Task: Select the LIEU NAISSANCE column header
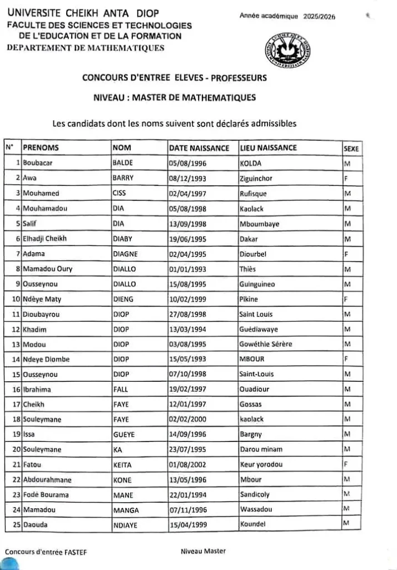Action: (x=267, y=148)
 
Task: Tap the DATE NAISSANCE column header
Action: (x=198, y=148)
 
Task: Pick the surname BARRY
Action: (x=123, y=179)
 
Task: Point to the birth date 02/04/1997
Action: (x=187, y=194)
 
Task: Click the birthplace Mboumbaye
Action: (x=259, y=224)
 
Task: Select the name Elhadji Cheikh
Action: (x=44, y=239)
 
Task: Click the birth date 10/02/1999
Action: (x=187, y=299)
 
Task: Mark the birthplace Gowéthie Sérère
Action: (x=265, y=344)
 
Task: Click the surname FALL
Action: (x=121, y=389)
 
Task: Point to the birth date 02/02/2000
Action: (x=187, y=419)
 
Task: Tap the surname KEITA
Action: (x=122, y=464)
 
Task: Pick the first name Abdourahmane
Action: (x=47, y=479)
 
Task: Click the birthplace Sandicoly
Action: (x=255, y=494)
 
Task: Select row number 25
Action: (x=16, y=524)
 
